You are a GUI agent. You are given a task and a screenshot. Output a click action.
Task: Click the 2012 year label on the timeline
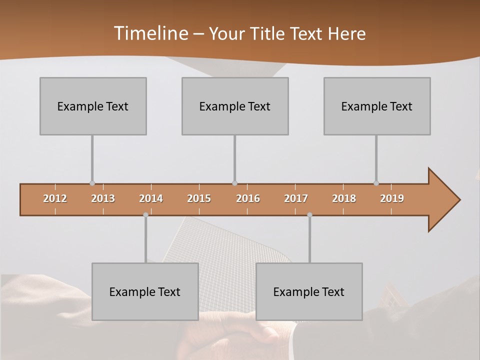(x=55, y=198)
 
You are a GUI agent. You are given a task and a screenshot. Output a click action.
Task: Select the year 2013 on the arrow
(x=103, y=198)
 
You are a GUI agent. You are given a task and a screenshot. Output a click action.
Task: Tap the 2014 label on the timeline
(x=151, y=198)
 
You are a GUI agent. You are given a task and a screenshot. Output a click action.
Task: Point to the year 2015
(x=199, y=198)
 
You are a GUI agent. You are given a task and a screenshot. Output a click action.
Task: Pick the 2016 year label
(x=248, y=198)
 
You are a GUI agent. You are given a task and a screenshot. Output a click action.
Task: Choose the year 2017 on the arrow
(x=296, y=198)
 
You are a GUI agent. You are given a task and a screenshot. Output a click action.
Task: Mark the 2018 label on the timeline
(x=344, y=198)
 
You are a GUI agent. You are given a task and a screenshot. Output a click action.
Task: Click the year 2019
(x=392, y=198)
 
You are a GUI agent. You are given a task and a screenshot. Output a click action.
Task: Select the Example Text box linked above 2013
(x=93, y=106)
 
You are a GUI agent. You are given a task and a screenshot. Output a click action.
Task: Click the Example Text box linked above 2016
(x=235, y=106)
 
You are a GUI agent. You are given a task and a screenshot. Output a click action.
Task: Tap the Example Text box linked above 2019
(x=377, y=106)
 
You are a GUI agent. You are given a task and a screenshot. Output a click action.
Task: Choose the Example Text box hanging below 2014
(x=145, y=291)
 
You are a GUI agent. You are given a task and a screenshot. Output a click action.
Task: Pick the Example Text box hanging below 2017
(x=309, y=291)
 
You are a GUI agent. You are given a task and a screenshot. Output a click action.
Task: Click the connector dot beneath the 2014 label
(x=145, y=215)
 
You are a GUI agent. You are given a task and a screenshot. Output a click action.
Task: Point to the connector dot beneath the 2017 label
(x=309, y=215)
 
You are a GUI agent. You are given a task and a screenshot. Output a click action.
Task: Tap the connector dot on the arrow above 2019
(x=376, y=183)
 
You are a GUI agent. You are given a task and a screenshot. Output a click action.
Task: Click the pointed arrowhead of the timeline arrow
(x=445, y=200)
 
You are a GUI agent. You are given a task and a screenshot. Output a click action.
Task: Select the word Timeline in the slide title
(x=150, y=33)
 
